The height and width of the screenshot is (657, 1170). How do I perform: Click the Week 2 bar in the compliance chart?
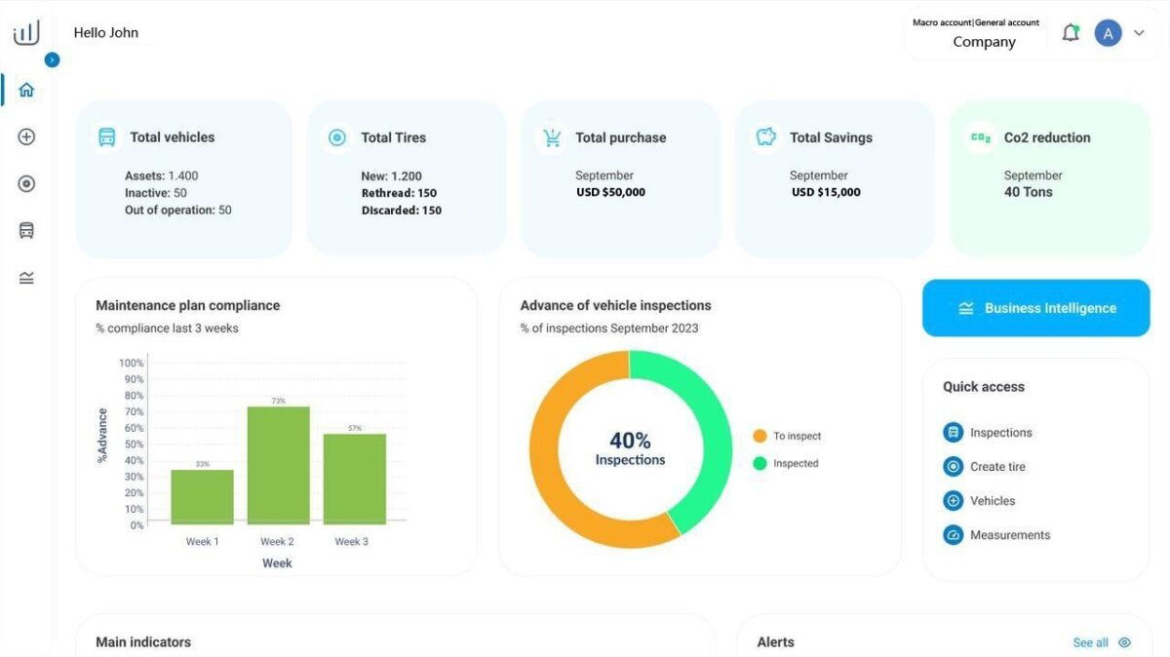(279, 465)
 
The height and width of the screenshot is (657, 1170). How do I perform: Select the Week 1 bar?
(202, 497)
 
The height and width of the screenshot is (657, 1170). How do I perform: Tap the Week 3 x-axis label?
(352, 542)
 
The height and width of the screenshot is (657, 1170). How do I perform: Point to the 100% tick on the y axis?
(131, 363)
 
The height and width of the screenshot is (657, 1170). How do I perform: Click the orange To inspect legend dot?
(760, 436)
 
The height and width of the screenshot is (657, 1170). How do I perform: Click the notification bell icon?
(1071, 33)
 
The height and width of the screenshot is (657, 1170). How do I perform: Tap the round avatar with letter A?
(1108, 33)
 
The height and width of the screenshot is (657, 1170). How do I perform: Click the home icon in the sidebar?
(26, 90)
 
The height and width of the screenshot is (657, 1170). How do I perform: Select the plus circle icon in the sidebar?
(26, 136)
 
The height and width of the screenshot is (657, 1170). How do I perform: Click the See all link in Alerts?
(1090, 642)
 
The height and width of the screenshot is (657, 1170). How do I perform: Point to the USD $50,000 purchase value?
(610, 192)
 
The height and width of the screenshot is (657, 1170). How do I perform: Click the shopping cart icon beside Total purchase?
(552, 137)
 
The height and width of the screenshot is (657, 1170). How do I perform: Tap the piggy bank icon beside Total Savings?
(765, 136)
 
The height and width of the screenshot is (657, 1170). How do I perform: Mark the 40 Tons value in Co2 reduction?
(1028, 192)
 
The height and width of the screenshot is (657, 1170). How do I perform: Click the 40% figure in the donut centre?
(630, 441)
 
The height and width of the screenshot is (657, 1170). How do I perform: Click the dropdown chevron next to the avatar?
(1139, 33)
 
